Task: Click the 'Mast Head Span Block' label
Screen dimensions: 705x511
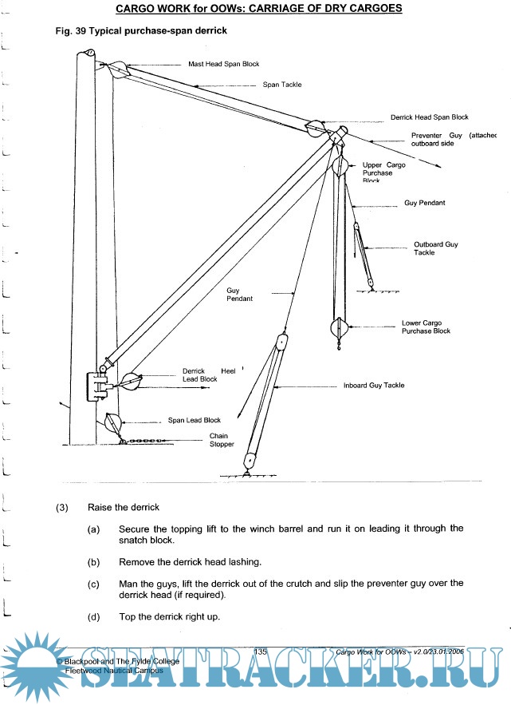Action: [x=223, y=64]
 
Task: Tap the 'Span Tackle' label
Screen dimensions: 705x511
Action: [x=282, y=84]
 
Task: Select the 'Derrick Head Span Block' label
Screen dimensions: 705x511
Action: [x=429, y=117]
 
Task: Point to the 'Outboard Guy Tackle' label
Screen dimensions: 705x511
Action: [x=436, y=248]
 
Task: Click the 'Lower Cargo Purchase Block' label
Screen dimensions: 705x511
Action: [x=426, y=327]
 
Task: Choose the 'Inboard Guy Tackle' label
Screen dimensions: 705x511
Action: [x=374, y=385]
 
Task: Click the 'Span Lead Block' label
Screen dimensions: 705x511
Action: [x=194, y=420]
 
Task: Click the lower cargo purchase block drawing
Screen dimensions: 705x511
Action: [x=339, y=327]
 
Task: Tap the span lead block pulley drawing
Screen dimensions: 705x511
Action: [x=112, y=424]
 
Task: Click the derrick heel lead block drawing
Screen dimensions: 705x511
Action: [x=130, y=382]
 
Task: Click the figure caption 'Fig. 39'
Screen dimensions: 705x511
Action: [x=68, y=30]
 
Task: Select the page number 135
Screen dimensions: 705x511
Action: [x=260, y=652]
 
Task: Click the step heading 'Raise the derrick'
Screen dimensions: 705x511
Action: [x=124, y=507]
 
